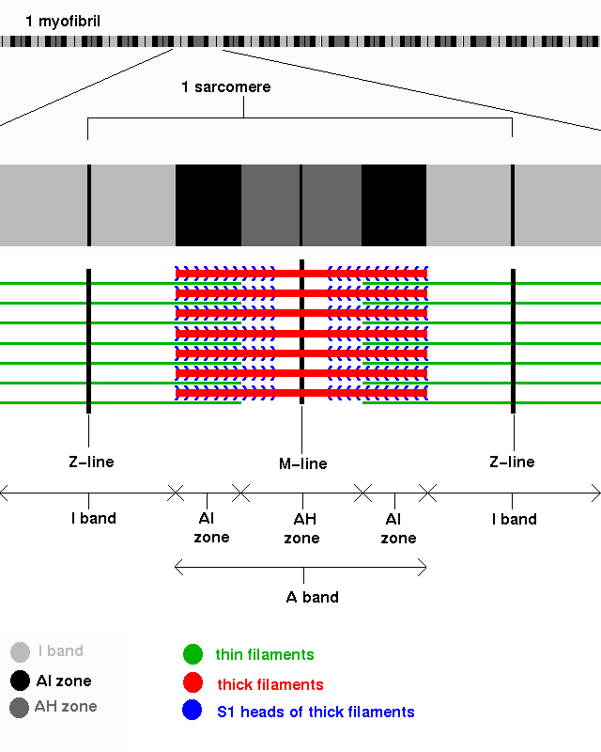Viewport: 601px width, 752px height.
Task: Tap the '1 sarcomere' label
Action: click(225, 87)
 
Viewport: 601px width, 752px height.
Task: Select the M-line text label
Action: click(302, 463)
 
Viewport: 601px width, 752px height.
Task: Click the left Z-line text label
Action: click(91, 462)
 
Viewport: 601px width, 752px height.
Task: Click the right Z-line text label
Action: click(512, 462)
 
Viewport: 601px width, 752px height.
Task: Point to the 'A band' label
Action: click(312, 597)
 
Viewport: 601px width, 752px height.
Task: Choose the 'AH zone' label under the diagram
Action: click(301, 528)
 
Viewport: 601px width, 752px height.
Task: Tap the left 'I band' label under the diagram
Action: click(94, 519)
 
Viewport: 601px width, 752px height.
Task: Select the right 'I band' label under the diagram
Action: click(515, 519)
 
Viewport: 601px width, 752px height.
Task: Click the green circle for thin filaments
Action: click(193, 654)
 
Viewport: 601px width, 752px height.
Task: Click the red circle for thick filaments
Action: click(193, 683)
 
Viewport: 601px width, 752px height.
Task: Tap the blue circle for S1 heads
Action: click(193, 712)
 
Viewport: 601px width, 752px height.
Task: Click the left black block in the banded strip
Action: click(208, 205)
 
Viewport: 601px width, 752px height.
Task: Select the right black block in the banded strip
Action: click(393, 205)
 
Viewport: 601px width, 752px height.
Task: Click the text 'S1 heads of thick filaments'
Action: click(315, 713)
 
